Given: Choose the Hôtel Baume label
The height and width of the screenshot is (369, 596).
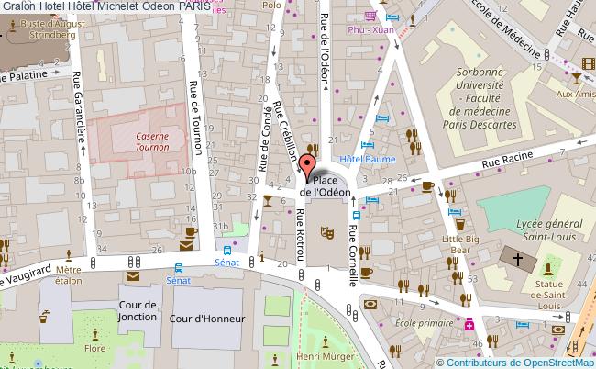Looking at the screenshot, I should point(360,159).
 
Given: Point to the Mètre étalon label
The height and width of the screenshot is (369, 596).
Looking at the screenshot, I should point(68,275).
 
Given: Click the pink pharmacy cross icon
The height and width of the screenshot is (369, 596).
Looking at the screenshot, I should point(469,324).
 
